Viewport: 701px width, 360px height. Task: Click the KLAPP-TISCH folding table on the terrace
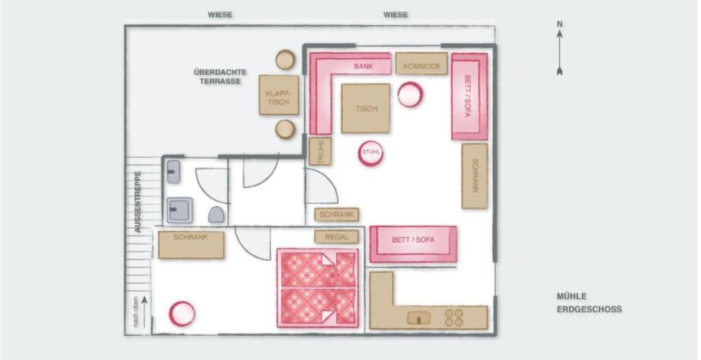pyautogui.click(x=279, y=95)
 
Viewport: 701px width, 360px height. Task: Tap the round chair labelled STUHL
pyautogui.click(x=370, y=153)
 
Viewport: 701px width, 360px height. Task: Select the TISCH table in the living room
pyautogui.click(x=366, y=108)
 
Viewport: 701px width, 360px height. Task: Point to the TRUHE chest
pyautogui.click(x=320, y=151)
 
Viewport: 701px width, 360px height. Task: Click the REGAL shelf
pyautogui.click(x=337, y=237)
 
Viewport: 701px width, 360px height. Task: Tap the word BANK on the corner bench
pyautogui.click(x=364, y=66)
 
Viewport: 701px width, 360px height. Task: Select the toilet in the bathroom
pyautogui.click(x=216, y=215)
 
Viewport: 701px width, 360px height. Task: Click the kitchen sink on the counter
pyautogui.click(x=419, y=318)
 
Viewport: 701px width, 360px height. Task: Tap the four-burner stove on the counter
pyautogui.click(x=454, y=317)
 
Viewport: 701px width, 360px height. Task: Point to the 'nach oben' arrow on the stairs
pyautogui.click(x=144, y=311)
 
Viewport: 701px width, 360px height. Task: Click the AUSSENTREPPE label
pyautogui.click(x=138, y=202)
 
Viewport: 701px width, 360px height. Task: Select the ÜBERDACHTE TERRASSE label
pyautogui.click(x=220, y=77)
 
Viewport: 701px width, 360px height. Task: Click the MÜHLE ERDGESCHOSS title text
pyautogui.click(x=589, y=303)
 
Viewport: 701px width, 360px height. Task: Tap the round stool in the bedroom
pyautogui.click(x=182, y=314)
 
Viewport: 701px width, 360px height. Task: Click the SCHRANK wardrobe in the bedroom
pyautogui.click(x=191, y=244)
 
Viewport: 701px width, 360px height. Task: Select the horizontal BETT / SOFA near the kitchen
pyautogui.click(x=413, y=244)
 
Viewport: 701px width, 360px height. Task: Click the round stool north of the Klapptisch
pyautogui.click(x=285, y=60)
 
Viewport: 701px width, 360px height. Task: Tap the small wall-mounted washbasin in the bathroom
pyautogui.click(x=174, y=172)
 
